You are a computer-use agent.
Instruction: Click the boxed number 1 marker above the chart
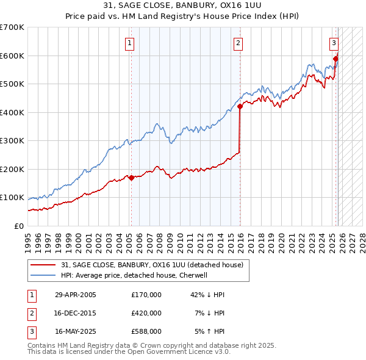(x=131, y=43)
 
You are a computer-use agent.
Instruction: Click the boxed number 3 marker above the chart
(x=334, y=43)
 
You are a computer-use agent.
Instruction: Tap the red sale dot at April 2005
(x=131, y=178)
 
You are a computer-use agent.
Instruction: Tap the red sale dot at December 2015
(x=240, y=106)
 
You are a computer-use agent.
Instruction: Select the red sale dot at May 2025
(x=335, y=59)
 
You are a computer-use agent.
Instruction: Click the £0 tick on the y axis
(x=20, y=226)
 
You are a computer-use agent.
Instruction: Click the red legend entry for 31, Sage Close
(x=152, y=265)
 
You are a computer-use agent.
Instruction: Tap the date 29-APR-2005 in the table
(x=76, y=295)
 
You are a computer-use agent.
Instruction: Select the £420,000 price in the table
(x=146, y=313)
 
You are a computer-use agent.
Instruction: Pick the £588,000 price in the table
(x=146, y=331)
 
